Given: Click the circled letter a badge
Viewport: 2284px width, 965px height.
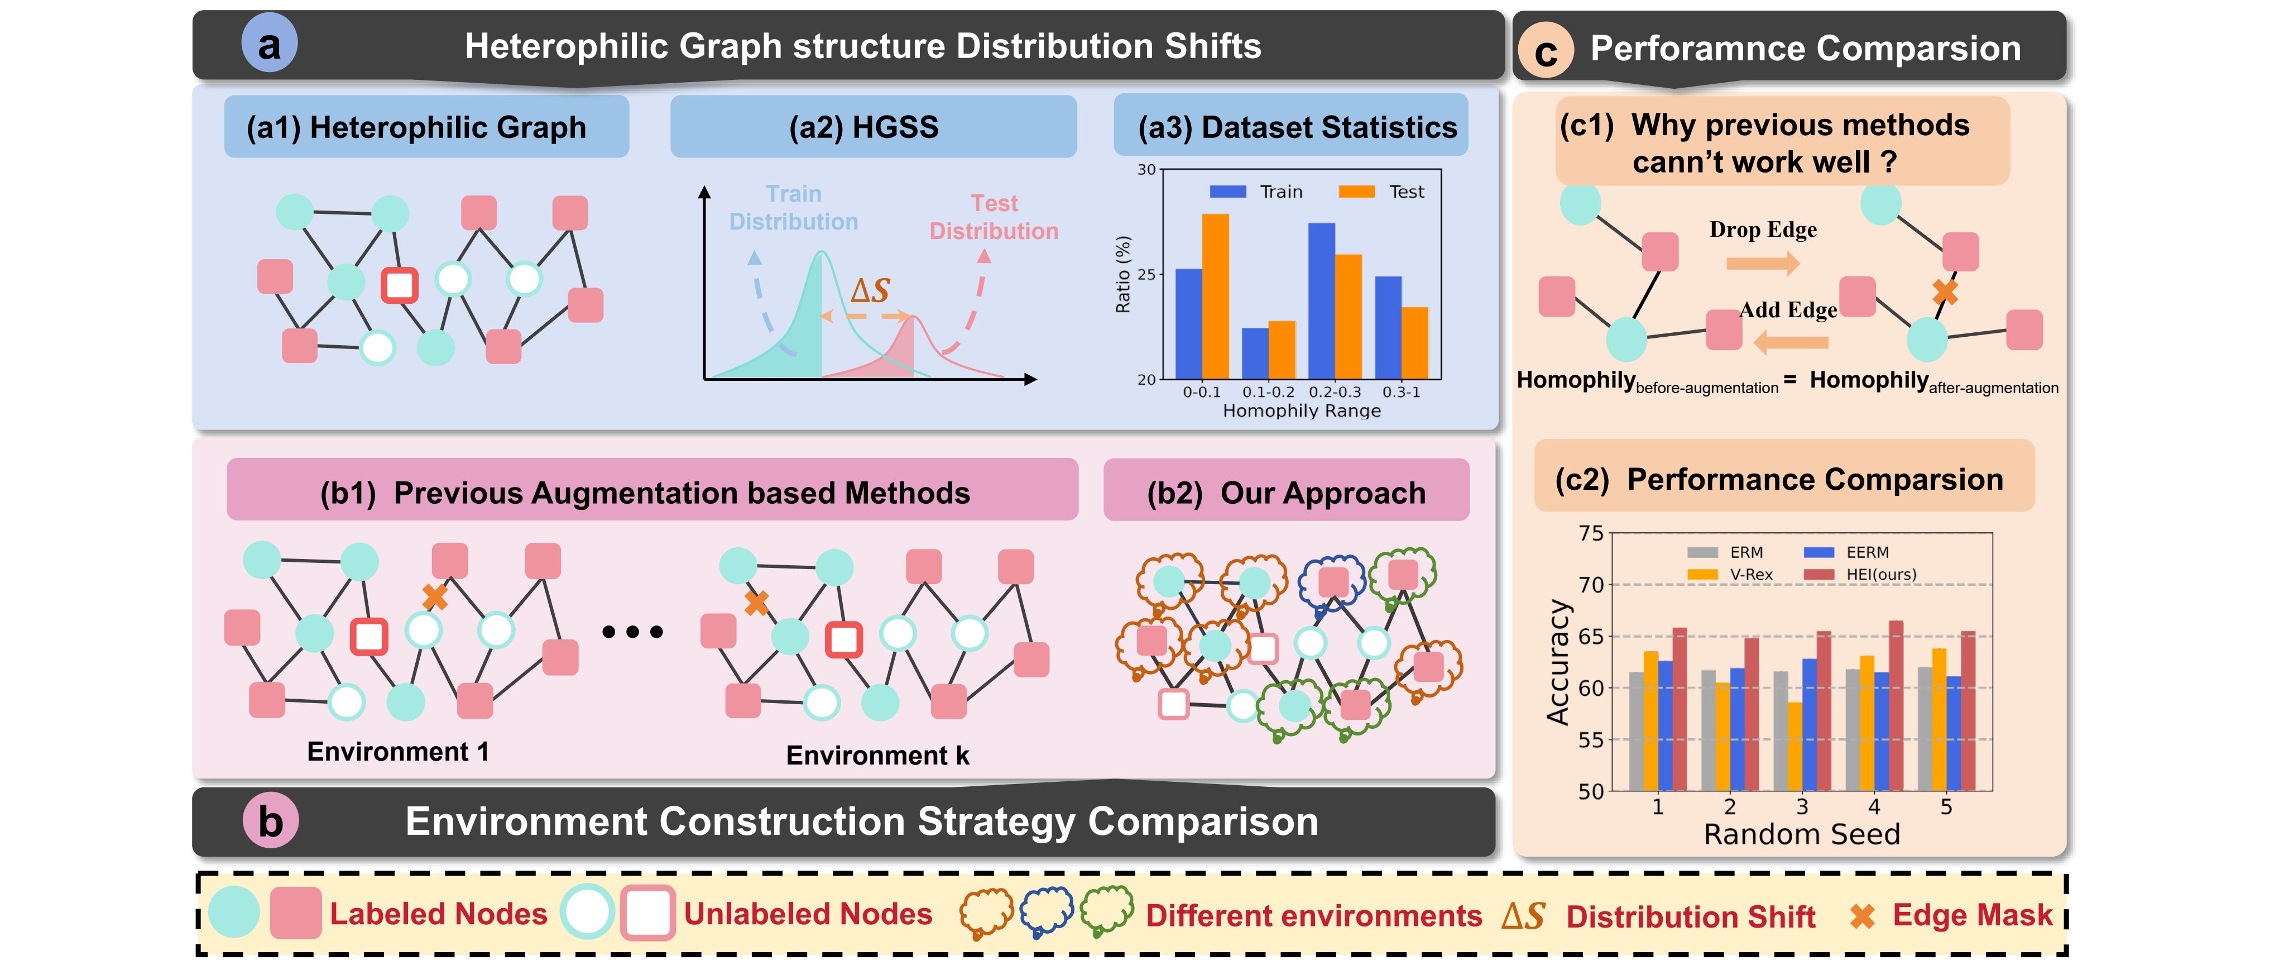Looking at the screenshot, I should coord(268,44).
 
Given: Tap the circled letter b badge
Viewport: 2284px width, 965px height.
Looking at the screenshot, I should coord(270,821).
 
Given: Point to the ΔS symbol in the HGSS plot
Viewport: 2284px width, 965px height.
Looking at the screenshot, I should coord(869,290).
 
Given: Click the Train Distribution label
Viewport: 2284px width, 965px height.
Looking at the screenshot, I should coord(794,208).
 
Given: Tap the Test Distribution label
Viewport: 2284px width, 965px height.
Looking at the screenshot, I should coord(994,217).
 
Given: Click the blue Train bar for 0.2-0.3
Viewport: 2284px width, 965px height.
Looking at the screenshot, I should coord(1321,300).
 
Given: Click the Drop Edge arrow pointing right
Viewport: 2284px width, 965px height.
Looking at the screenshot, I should coord(1763,262).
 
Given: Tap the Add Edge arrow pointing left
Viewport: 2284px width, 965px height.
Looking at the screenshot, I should coord(1791,341).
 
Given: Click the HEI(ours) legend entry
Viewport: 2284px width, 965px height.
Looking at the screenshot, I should coord(1862,575).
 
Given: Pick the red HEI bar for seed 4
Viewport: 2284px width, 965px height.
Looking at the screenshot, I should coord(1896,705).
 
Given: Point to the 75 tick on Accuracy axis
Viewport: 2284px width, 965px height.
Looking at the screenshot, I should coord(1591,533).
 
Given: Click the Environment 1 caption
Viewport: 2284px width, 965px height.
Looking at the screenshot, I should coord(398,751).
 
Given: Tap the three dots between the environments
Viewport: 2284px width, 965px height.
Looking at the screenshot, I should coord(632,632).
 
